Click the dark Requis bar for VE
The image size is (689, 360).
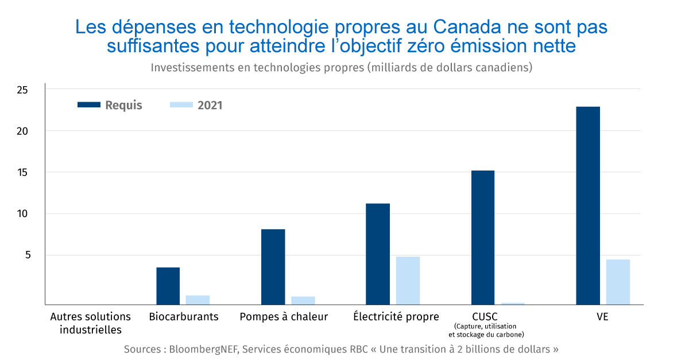(x=587, y=205)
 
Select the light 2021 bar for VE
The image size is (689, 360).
(x=618, y=281)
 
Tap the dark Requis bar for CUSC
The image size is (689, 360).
(x=482, y=237)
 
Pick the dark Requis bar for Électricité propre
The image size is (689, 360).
(x=378, y=254)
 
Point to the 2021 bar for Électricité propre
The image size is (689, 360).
(x=408, y=280)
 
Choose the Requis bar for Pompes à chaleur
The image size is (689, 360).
(x=273, y=266)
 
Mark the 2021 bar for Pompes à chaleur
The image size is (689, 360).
(x=303, y=300)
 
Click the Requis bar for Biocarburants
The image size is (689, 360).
(x=168, y=285)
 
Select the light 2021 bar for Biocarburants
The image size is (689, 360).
(x=198, y=300)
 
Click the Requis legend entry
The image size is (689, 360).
(x=110, y=105)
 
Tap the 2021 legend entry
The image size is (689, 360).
(x=196, y=105)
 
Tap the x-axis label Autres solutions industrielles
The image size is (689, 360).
(x=91, y=323)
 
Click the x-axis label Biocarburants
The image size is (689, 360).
(x=184, y=316)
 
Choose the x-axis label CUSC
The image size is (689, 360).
(x=485, y=316)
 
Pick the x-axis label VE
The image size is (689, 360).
(x=603, y=316)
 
